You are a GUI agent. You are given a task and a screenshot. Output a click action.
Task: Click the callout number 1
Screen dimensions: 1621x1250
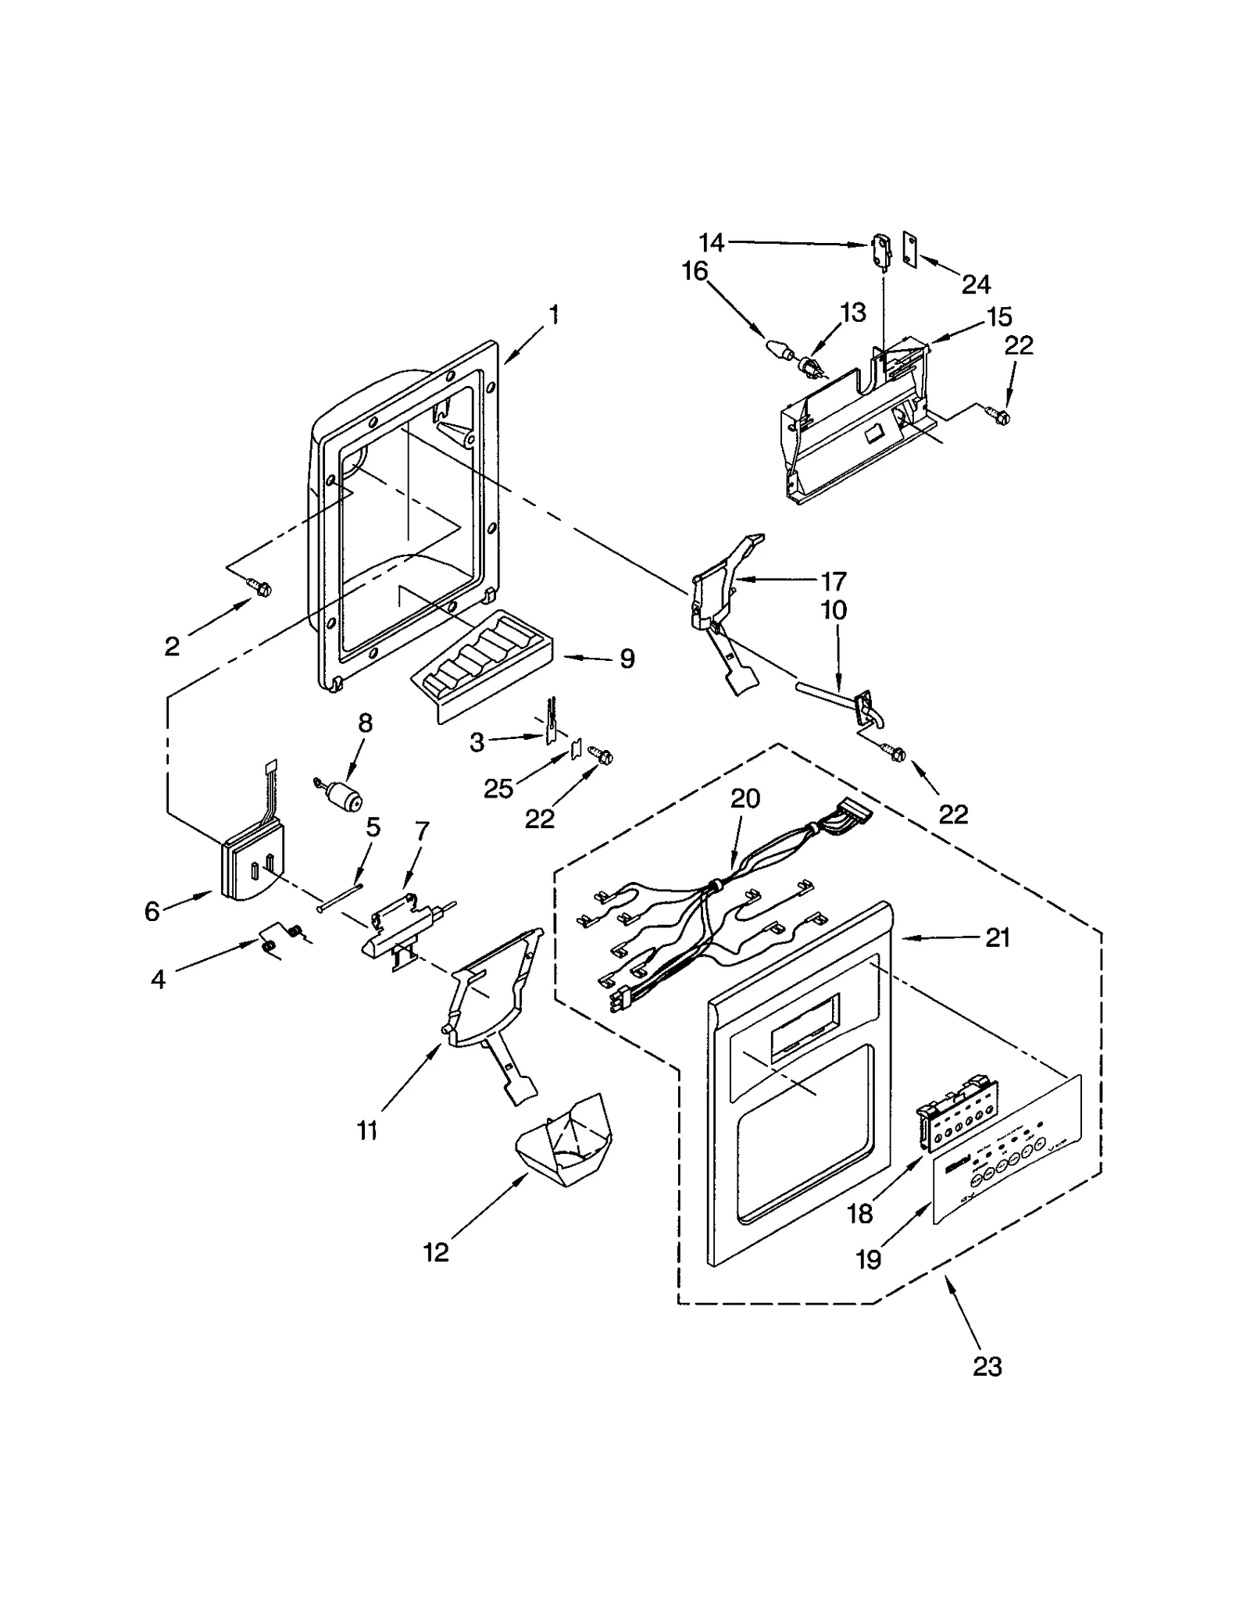click(553, 316)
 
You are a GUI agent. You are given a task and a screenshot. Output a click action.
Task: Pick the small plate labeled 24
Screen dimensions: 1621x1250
click(909, 249)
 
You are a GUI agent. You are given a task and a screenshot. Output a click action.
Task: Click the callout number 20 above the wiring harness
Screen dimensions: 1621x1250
click(745, 798)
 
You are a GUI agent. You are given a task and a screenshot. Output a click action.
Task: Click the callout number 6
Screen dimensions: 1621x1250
click(152, 910)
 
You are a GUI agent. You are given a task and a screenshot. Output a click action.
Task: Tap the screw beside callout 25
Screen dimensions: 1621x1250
click(602, 755)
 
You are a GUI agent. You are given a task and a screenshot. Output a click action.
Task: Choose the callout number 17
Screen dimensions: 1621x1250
click(834, 581)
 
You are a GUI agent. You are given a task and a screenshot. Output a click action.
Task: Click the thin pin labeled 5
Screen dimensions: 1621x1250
click(341, 896)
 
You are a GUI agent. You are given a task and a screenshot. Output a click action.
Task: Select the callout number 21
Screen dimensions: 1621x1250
click(997, 937)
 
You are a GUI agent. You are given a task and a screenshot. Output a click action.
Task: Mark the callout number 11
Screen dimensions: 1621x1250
click(367, 1130)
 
